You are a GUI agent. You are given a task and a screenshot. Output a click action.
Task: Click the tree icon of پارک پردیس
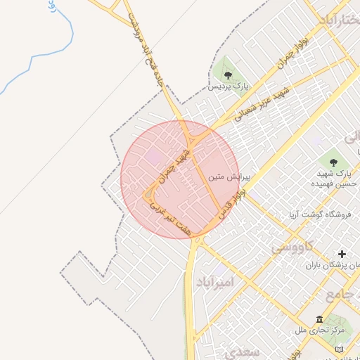point(227,73)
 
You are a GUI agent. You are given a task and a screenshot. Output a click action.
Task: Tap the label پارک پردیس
point(229,86)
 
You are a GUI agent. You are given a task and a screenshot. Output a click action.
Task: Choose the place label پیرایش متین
point(225,179)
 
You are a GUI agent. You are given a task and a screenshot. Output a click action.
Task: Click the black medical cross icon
point(342,254)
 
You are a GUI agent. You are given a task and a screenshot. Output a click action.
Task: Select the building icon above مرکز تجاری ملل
point(320,319)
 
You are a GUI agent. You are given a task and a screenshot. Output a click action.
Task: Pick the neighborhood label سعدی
point(246,351)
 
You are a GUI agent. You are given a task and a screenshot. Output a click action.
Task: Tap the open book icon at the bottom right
point(340,349)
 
